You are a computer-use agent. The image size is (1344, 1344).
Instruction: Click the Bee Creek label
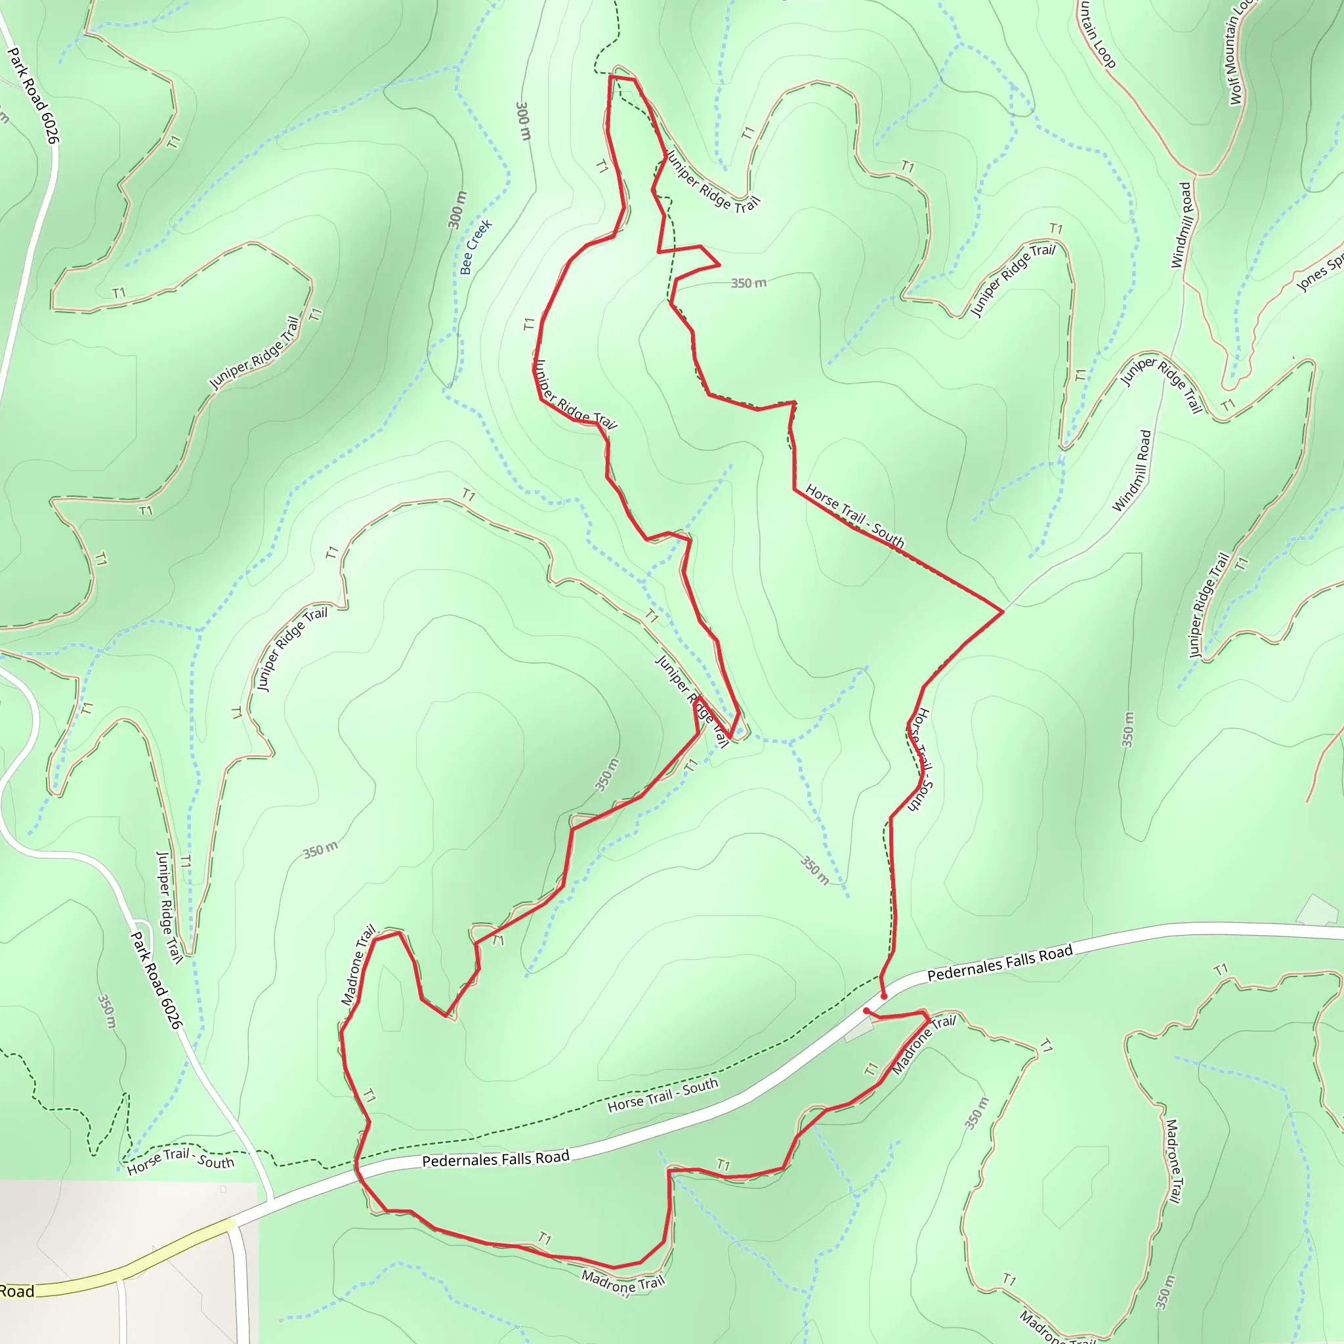(476, 246)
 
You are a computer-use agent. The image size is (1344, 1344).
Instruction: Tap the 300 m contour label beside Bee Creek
(456, 209)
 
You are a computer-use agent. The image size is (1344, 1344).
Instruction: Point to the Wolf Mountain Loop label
(1238, 52)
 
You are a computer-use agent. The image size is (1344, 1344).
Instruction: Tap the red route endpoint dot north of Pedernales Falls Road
(884, 997)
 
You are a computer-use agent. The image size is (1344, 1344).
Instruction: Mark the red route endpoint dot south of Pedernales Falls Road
(866, 1011)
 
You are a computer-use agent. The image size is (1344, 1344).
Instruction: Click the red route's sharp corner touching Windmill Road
(1003, 612)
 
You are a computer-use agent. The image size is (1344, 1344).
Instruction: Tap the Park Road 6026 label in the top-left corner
(33, 95)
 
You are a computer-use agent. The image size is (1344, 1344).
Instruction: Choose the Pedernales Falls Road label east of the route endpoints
(999, 963)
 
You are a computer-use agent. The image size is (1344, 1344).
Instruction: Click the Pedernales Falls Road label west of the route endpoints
(495, 1159)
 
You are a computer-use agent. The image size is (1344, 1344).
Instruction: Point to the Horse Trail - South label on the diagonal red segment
(854, 516)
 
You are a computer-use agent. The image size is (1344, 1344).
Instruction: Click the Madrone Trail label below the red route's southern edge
(623, 1282)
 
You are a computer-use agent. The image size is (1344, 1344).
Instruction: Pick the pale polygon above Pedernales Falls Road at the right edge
(1317, 912)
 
